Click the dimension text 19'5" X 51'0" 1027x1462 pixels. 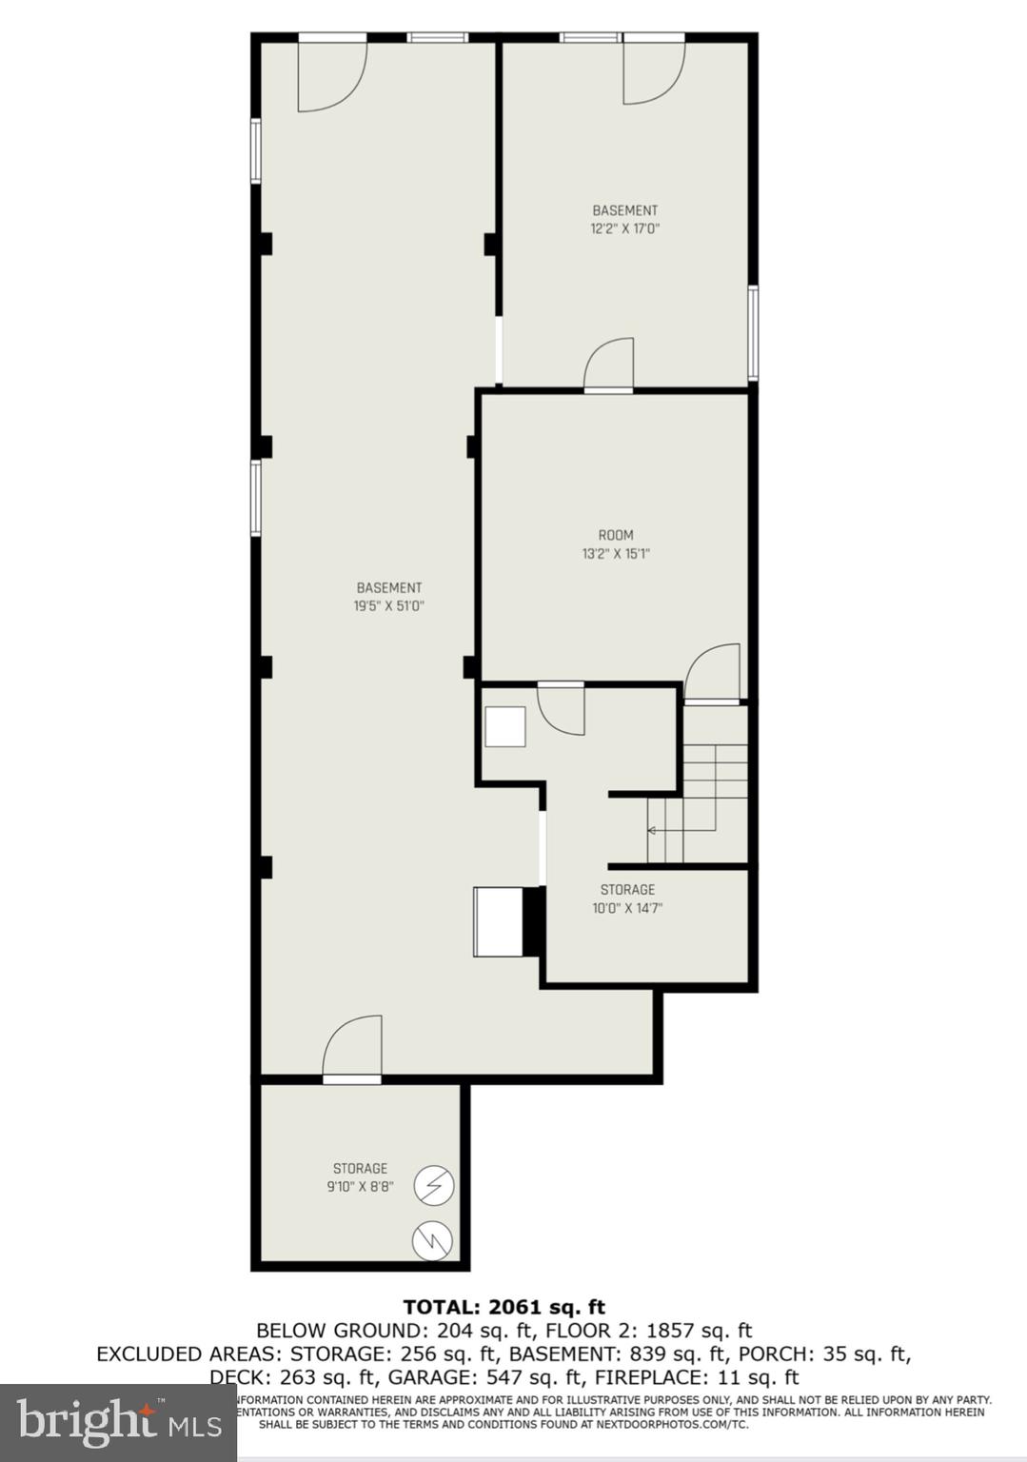point(388,605)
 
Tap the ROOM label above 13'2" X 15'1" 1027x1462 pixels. point(616,535)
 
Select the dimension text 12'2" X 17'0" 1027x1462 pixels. point(624,228)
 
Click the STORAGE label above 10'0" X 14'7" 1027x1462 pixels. point(627,890)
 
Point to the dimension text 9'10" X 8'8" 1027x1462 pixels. point(360,1187)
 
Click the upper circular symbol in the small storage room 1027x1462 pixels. point(434,1186)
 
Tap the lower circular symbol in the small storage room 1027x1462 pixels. point(432,1240)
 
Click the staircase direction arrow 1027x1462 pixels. point(653,831)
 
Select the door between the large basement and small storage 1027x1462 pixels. point(352,1049)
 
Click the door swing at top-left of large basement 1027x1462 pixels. point(330,74)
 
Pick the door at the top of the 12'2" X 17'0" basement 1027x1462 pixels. point(652,69)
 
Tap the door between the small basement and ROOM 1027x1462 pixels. point(609,365)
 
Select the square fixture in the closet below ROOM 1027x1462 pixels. point(504,727)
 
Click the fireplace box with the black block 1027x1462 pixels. point(507,921)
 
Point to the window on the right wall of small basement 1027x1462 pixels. point(753,333)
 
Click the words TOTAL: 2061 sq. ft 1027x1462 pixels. point(504,1307)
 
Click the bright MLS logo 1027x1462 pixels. point(118,1422)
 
